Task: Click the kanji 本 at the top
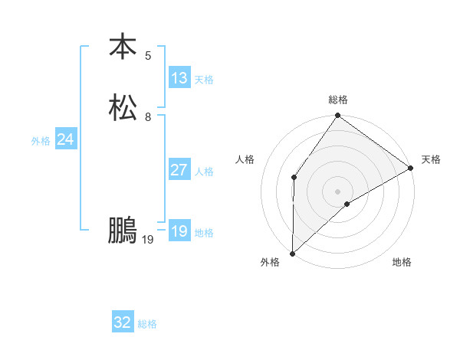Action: click(x=123, y=47)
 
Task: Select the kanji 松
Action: click(x=123, y=107)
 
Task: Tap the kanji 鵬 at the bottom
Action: click(x=123, y=231)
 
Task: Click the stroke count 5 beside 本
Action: click(x=148, y=55)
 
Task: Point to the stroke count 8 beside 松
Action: click(x=148, y=116)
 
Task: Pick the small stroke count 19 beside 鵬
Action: click(x=148, y=240)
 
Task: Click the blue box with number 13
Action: click(x=179, y=78)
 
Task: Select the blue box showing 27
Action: click(x=179, y=170)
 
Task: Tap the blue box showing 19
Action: click(x=179, y=231)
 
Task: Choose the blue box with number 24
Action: click(x=66, y=139)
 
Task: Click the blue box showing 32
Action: click(x=123, y=322)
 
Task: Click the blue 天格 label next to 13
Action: click(x=204, y=80)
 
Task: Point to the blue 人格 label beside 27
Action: click(x=204, y=172)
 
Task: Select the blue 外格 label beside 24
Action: click(x=41, y=141)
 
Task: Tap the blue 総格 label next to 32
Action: click(x=147, y=324)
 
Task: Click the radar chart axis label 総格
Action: click(x=338, y=100)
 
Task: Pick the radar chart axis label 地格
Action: click(x=402, y=263)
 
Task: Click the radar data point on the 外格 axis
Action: click(x=292, y=253)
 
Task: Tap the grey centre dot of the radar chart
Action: click(x=337, y=191)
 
